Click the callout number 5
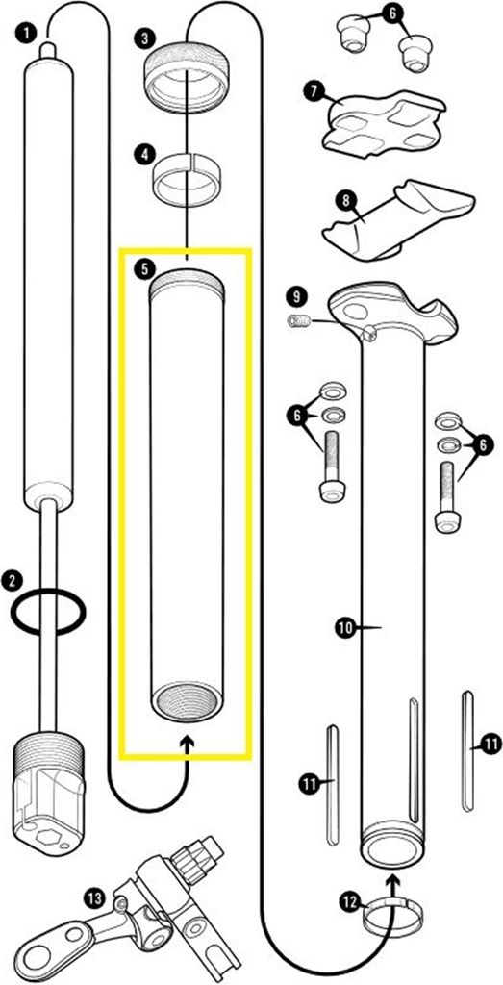pyautogui.click(x=144, y=269)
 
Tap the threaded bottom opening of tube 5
pyautogui.click(x=187, y=701)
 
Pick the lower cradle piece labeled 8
pyautogui.click(x=398, y=220)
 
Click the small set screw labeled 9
pyautogui.click(x=299, y=321)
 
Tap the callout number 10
pyautogui.click(x=346, y=627)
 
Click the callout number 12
pyautogui.click(x=350, y=902)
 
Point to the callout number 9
pyautogui.click(x=297, y=296)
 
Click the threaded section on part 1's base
pyautogui.click(x=48, y=758)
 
